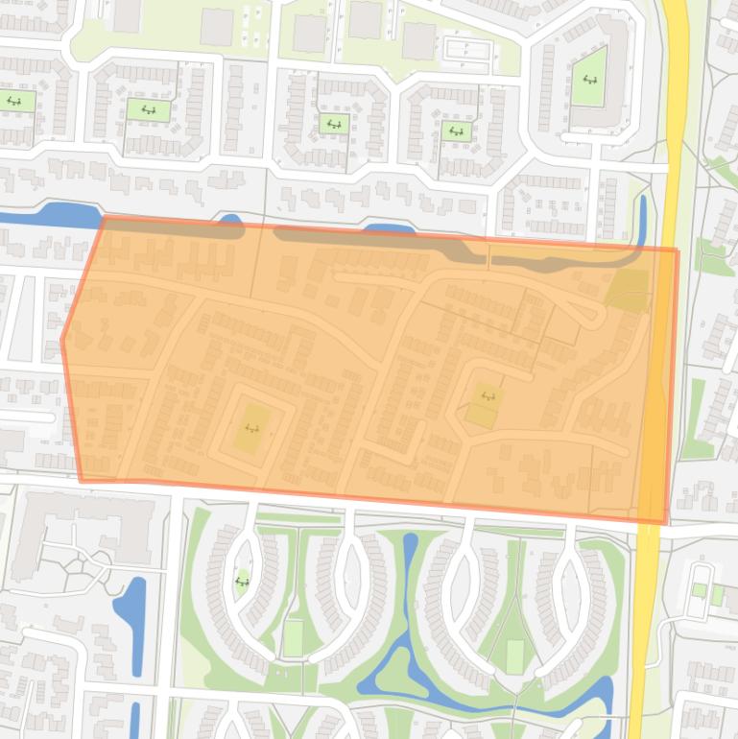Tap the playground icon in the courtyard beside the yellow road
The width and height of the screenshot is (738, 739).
(x=588, y=80)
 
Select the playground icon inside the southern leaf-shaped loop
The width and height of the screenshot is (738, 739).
(x=243, y=581)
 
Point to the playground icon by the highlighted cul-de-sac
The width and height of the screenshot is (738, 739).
(x=488, y=395)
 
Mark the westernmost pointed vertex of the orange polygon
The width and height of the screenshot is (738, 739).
(x=62, y=339)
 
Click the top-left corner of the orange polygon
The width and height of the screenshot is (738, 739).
(x=103, y=218)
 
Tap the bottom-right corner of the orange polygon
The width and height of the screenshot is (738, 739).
(x=665, y=523)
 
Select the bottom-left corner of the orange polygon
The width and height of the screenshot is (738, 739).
(x=81, y=480)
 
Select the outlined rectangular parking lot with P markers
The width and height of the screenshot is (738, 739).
(x=467, y=48)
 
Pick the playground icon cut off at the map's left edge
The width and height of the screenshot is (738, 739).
(x=13, y=101)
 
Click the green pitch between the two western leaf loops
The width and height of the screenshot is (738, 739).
(x=292, y=637)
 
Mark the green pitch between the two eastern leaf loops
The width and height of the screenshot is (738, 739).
(x=515, y=656)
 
